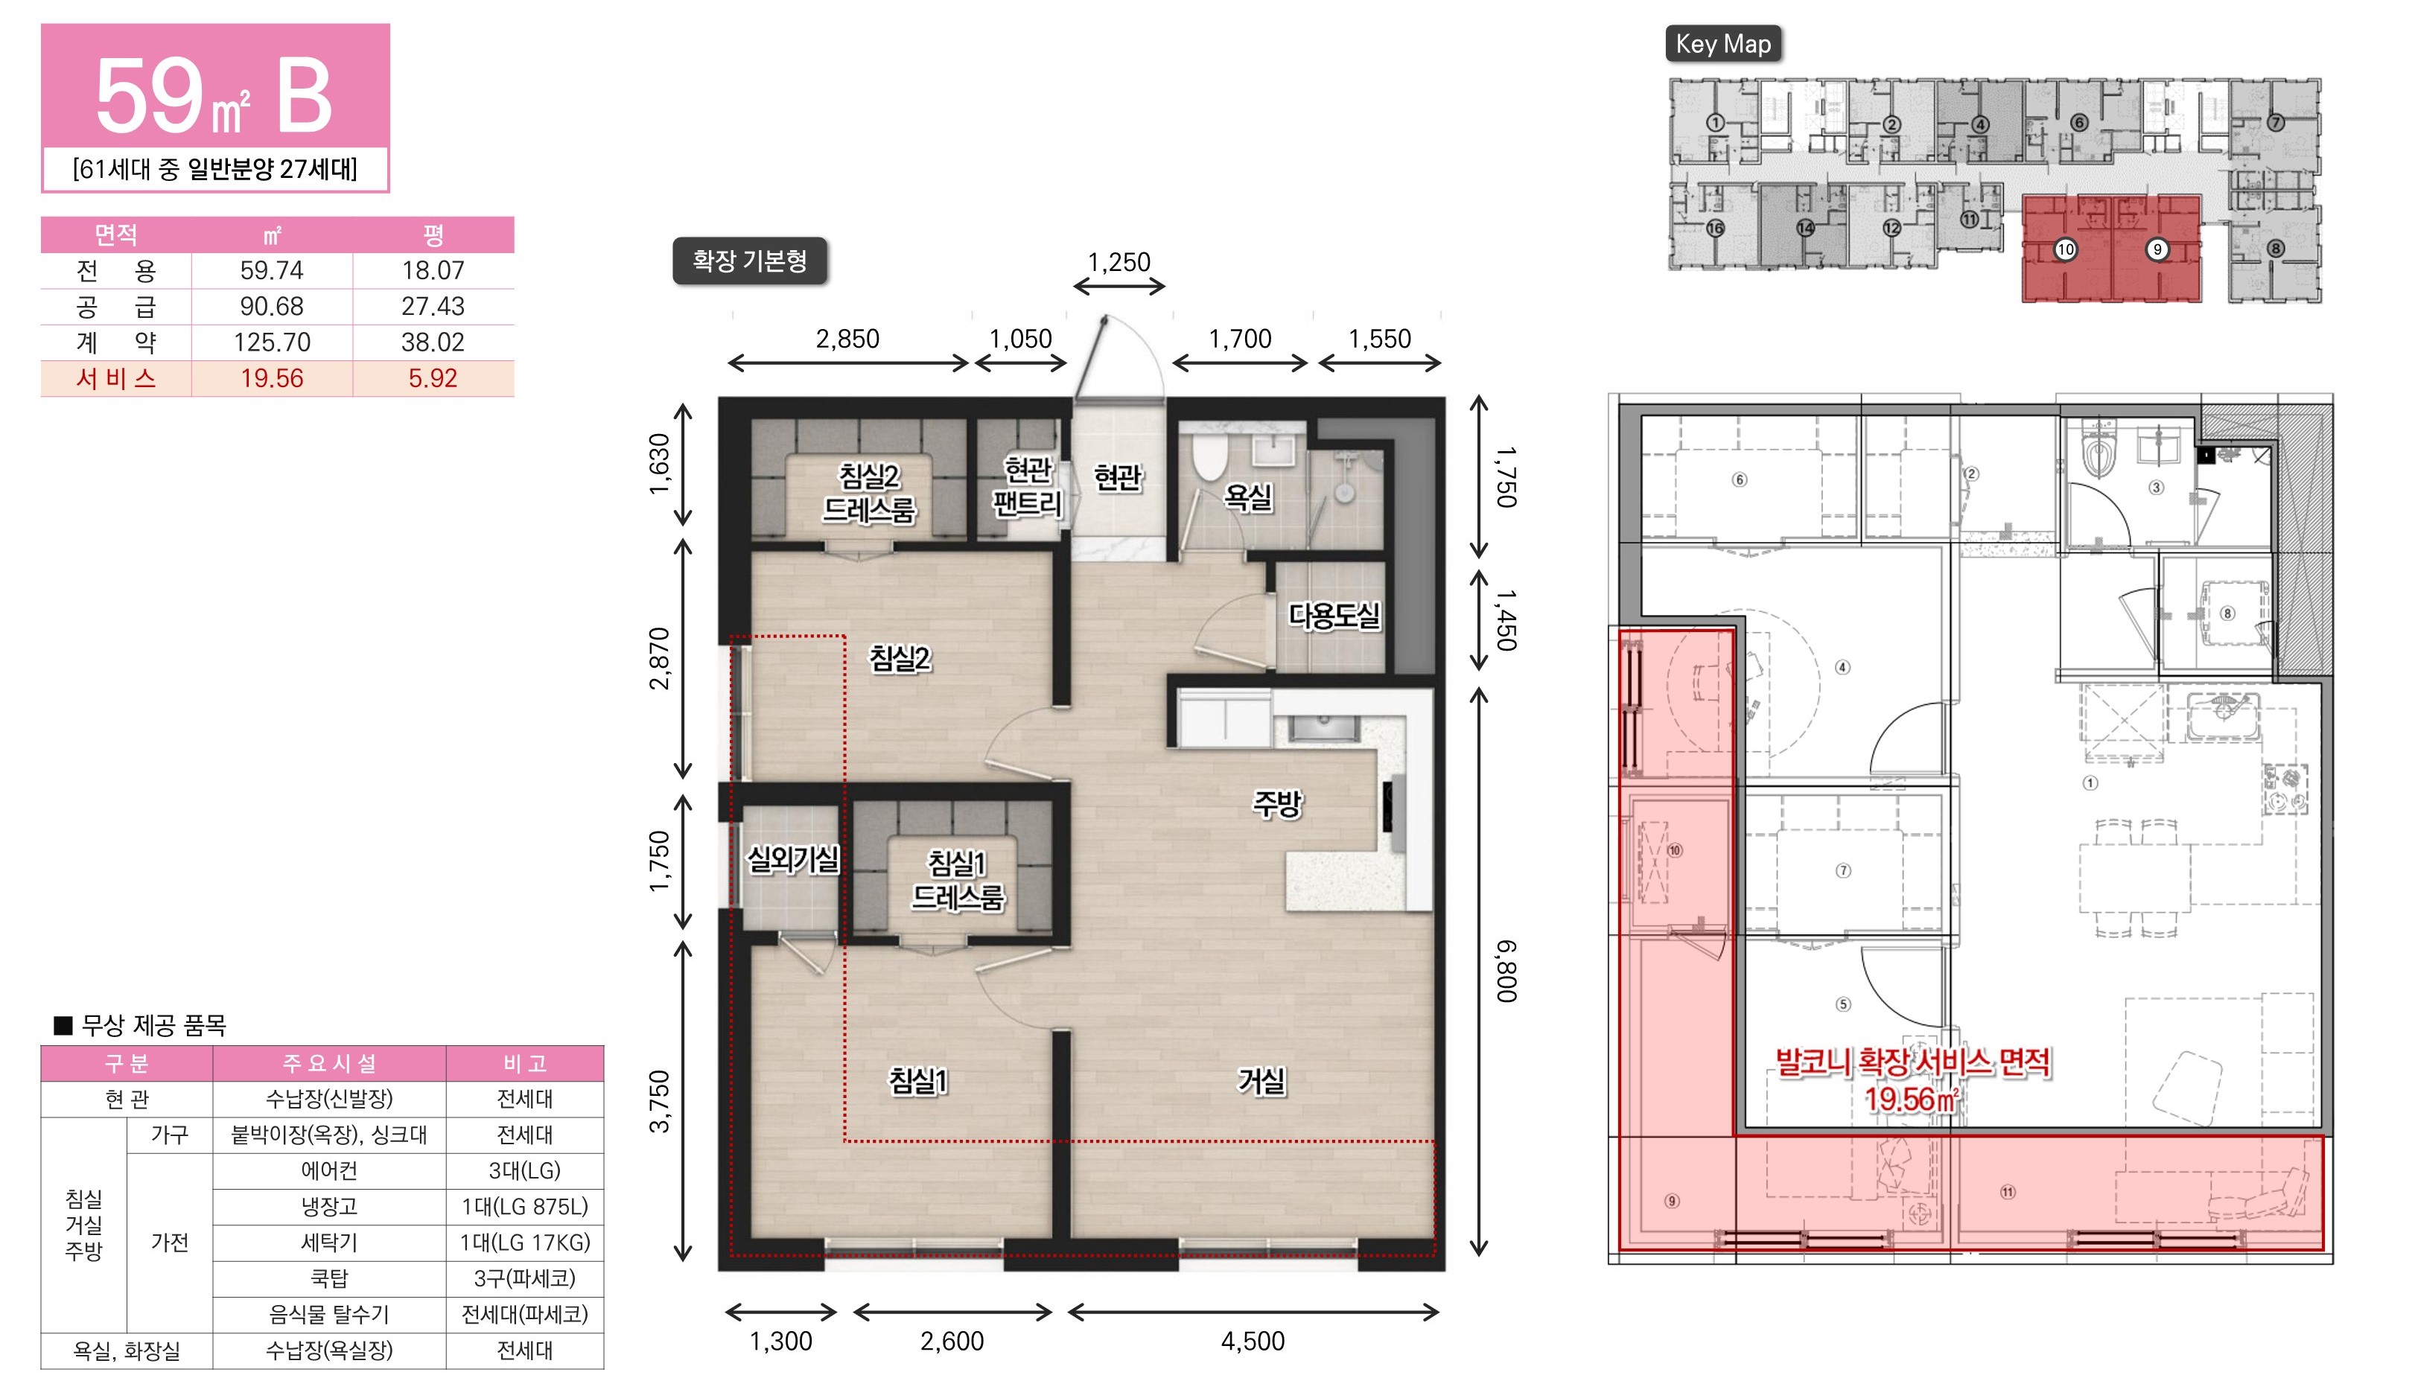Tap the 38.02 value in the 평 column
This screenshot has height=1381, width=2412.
[433, 342]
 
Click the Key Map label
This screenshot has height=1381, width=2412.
[1723, 44]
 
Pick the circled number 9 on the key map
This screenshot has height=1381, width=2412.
[2157, 249]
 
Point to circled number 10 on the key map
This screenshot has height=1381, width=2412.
[2065, 249]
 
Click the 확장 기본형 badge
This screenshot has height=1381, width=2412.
[749, 261]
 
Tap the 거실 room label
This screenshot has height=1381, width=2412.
[1261, 1080]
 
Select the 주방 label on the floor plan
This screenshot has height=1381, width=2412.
[1278, 804]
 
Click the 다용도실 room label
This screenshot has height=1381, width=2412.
[1334, 616]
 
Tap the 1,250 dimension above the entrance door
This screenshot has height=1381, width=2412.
[1119, 262]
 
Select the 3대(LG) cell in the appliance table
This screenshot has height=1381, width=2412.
[524, 1170]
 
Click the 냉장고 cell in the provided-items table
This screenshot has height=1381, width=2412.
[329, 1207]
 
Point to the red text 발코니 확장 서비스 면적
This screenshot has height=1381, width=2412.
[1913, 1062]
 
